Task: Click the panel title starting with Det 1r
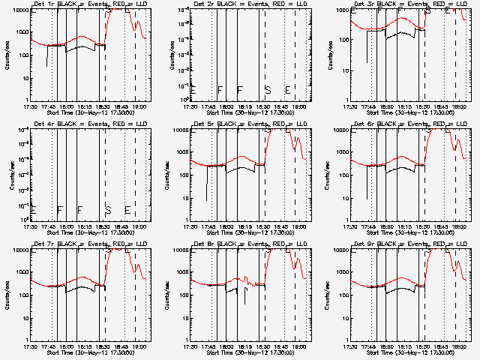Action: pyautogui.click(x=89, y=4)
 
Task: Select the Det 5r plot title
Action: pyautogui.click(x=249, y=124)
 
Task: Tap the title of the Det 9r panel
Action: pyautogui.click(x=409, y=244)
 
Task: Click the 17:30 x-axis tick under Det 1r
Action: pyautogui.click(x=31, y=106)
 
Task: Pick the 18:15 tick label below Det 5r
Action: pyautogui.click(x=244, y=226)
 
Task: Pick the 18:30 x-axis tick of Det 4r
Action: pyautogui.click(x=102, y=226)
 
